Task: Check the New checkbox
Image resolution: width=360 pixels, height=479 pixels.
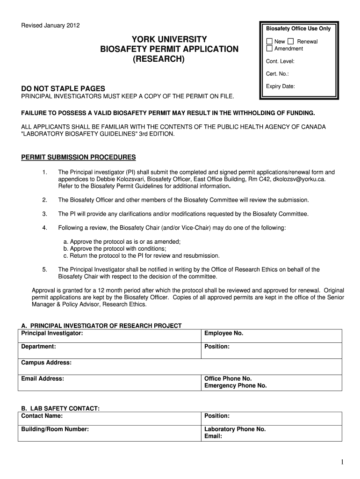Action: [269, 42]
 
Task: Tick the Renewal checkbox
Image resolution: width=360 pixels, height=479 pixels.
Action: [291, 42]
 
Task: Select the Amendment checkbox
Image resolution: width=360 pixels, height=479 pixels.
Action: [269, 49]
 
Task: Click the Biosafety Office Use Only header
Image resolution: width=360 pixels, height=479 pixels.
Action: [298, 29]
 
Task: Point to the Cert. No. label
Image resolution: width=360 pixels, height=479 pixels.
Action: [277, 74]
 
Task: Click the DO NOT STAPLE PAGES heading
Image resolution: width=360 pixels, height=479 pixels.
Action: [63, 89]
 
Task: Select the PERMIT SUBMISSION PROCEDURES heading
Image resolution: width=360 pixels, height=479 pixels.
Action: [79, 157]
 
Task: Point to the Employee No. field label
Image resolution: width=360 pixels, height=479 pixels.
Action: [223, 334]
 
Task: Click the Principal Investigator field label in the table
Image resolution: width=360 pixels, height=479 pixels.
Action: [52, 334]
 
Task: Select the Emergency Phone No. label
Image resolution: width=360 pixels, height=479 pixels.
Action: [235, 385]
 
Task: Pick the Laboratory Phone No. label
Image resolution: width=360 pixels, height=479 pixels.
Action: [235, 429]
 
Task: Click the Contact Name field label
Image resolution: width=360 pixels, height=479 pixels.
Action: [42, 416]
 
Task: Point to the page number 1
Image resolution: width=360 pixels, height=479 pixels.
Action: [342, 462]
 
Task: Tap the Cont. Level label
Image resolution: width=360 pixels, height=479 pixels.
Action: [280, 61]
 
